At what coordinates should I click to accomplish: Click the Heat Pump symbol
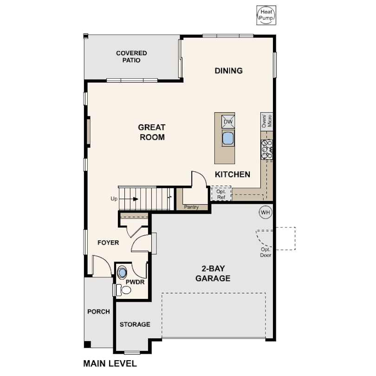click(x=266, y=15)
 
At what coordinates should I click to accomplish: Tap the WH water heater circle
click(x=266, y=212)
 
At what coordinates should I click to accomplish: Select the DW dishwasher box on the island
click(x=228, y=122)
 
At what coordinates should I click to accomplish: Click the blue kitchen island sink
click(x=228, y=138)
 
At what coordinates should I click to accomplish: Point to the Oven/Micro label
click(x=266, y=121)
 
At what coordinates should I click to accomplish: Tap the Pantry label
click(x=191, y=207)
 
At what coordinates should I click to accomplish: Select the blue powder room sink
click(x=122, y=272)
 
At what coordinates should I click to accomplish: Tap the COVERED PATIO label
click(x=131, y=57)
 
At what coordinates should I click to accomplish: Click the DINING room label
click(x=228, y=71)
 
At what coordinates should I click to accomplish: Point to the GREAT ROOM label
click(x=152, y=132)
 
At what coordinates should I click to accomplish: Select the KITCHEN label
click(x=233, y=175)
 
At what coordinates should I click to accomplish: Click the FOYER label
click(x=108, y=243)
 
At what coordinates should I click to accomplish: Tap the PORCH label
click(x=98, y=311)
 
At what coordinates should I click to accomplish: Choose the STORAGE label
click(x=135, y=324)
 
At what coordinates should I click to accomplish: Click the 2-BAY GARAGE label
click(x=213, y=273)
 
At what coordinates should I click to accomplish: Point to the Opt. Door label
click(x=266, y=252)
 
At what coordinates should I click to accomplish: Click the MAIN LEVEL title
click(x=110, y=363)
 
